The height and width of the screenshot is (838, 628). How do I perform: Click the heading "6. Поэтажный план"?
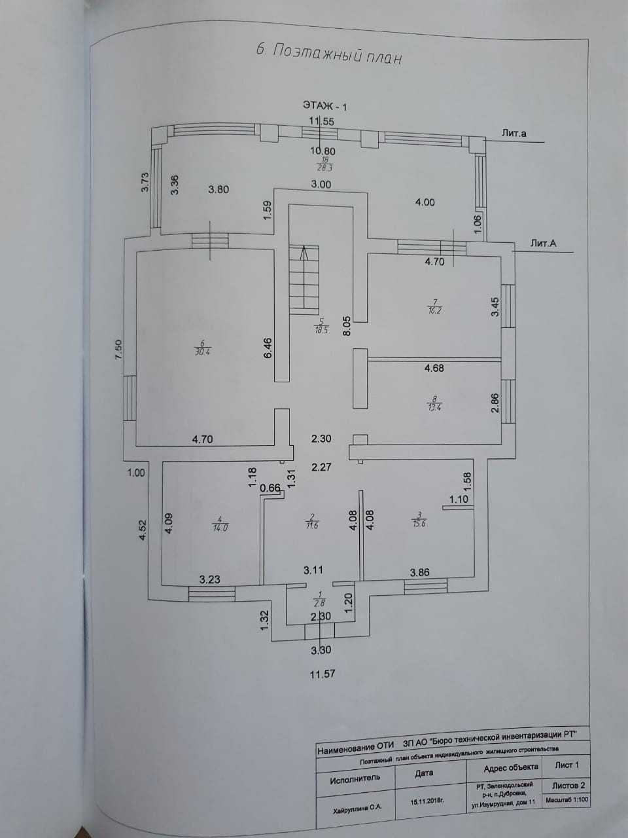326,53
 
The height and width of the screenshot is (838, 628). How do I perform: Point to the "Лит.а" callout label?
514,134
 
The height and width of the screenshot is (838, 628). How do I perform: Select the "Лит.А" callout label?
544,244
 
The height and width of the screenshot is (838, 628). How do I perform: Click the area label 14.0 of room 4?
218,524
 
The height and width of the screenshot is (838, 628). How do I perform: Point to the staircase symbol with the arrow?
304,279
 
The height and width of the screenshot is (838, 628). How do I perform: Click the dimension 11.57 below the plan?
322,673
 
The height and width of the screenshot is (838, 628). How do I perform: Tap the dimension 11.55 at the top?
322,120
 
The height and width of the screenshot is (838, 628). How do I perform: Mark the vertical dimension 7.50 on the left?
118,350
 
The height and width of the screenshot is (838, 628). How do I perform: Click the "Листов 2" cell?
568,785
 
